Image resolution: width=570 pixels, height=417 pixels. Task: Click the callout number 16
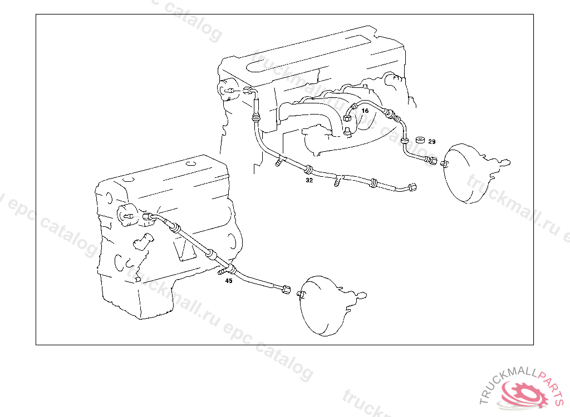pyautogui.click(x=365, y=111)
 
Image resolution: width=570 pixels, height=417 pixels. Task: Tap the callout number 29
pyautogui.click(x=432, y=142)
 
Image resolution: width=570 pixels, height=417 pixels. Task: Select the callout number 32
pyautogui.click(x=309, y=180)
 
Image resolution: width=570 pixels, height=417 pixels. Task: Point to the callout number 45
pyautogui.click(x=229, y=281)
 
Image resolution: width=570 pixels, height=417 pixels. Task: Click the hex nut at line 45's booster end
pyautogui.click(x=286, y=289)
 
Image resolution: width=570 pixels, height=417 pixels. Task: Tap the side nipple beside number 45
pyautogui.click(x=222, y=272)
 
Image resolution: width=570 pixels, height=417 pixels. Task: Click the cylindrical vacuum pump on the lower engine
pyautogui.click(x=127, y=214)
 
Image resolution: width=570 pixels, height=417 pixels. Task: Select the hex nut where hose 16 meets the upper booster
pyautogui.click(x=433, y=161)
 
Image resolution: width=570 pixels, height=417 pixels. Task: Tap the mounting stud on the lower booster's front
pyautogui.click(x=301, y=294)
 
